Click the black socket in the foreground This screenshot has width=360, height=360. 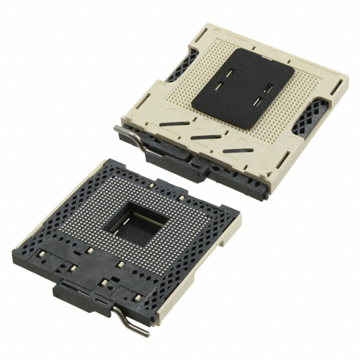129,236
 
